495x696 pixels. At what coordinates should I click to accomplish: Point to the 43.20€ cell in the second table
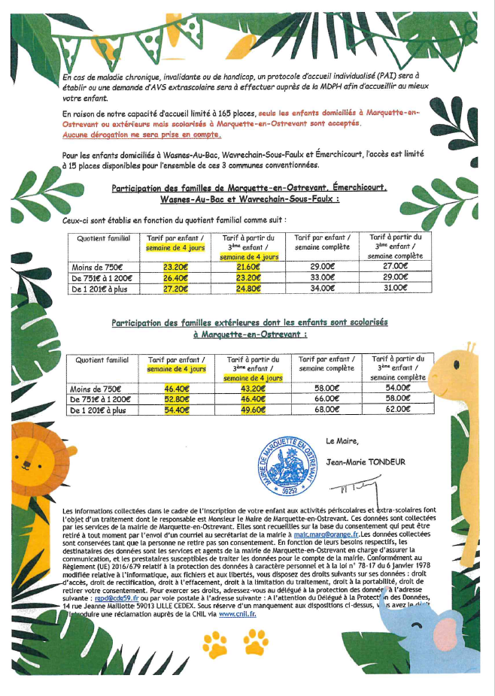point(252,389)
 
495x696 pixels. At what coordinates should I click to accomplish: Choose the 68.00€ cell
point(326,410)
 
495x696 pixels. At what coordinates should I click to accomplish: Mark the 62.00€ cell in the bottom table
point(399,410)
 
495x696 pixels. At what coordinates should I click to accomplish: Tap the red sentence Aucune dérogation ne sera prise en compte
point(142,135)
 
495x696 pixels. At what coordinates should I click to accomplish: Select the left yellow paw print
point(217,643)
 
